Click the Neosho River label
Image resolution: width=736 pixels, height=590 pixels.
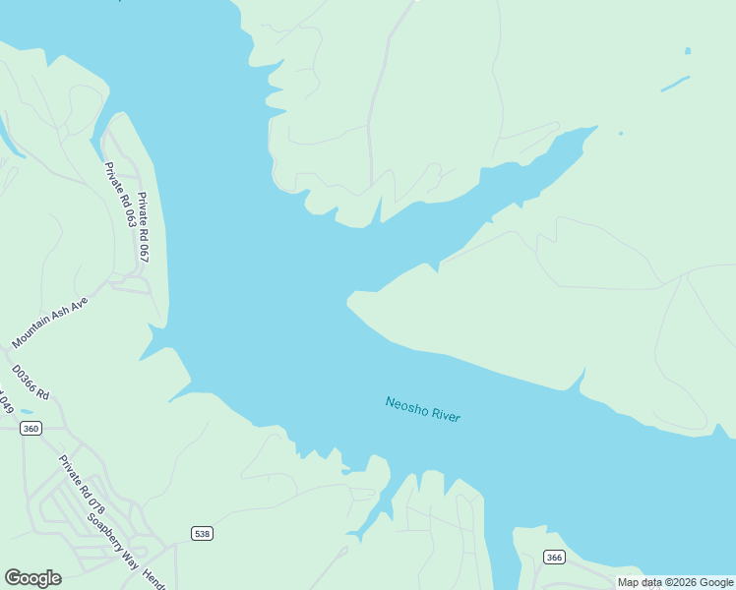point(423,409)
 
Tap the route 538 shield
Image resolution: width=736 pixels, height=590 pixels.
point(202,533)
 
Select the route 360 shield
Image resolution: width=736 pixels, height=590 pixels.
point(31,428)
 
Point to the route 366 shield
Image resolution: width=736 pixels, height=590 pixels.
point(554,558)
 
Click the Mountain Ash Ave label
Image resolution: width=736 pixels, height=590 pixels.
point(50,322)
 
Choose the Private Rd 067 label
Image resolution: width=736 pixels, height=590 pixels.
point(143,226)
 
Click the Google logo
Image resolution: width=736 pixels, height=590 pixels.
point(32,578)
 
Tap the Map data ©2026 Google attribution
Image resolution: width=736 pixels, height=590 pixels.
point(675,583)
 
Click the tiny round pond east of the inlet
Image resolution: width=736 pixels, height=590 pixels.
point(620,133)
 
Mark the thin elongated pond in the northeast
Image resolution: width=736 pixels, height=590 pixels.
point(675,84)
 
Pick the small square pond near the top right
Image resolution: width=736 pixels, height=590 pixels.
point(687,51)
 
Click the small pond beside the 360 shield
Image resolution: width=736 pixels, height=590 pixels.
point(26,412)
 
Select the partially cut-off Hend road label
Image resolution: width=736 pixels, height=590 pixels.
point(155,572)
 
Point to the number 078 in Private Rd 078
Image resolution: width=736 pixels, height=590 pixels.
point(95,499)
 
